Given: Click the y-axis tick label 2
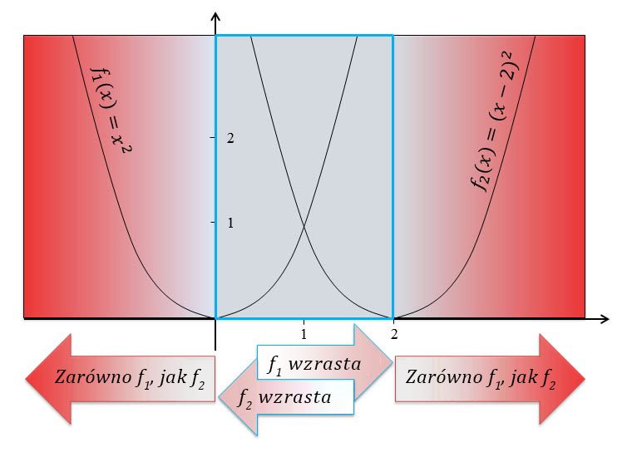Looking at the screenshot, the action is click(230, 138).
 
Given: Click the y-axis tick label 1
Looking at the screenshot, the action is click(230, 223).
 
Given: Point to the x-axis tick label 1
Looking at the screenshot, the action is click(304, 334).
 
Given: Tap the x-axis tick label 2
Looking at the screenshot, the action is click(394, 334).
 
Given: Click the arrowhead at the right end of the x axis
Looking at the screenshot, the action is click(609, 318).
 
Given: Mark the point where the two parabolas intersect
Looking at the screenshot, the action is click(304, 227).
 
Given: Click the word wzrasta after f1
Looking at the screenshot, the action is click(324, 364).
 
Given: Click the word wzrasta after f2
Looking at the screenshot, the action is click(294, 397).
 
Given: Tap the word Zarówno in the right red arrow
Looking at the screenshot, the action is click(444, 376).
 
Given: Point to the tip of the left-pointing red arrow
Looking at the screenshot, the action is click(26, 378).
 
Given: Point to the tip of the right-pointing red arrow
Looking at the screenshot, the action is click(585, 378).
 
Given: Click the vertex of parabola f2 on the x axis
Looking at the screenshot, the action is click(393, 318).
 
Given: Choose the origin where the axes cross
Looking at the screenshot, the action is click(215, 318).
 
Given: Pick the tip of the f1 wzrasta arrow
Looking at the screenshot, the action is click(392, 362).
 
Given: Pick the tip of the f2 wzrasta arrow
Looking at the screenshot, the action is click(220, 397).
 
